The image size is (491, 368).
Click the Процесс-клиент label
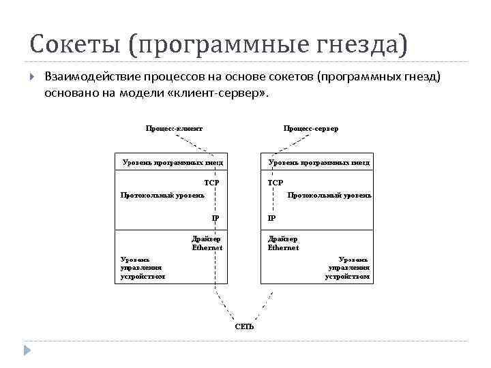[x=174, y=128]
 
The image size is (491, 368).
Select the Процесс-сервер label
[x=311, y=128]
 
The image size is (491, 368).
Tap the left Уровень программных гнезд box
[x=173, y=163]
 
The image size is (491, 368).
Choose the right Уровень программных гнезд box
[x=319, y=163]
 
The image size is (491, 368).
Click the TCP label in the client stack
[x=211, y=183]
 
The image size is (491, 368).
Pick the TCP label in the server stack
[x=276, y=183]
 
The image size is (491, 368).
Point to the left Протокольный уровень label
[x=162, y=196]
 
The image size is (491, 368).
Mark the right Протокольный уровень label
[x=329, y=196]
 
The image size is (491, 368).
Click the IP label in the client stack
[x=215, y=219]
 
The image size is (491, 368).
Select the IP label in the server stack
[x=271, y=219]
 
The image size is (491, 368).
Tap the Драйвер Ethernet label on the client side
[x=207, y=243]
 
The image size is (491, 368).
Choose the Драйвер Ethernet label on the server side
[x=283, y=243]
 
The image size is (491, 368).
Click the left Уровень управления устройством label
[x=142, y=268]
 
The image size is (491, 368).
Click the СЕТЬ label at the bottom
[x=244, y=326]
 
